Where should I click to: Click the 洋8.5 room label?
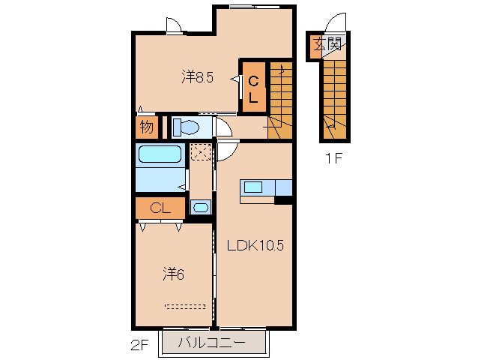[198, 77]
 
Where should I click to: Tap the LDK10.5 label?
[255, 245]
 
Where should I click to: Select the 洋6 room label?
[174, 274]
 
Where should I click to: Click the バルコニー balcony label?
[211, 343]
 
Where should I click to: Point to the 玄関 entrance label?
[327, 44]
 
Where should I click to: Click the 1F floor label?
[334, 158]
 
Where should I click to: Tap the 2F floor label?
[139, 345]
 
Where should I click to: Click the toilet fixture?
[186, 127]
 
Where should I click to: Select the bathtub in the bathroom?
[160, 154]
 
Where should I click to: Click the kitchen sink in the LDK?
[253, 187]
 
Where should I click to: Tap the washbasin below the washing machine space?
[201, 208]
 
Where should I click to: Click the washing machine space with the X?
[200, 152]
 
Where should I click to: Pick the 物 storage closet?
[147, 127]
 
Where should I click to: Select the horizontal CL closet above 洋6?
[160, 208]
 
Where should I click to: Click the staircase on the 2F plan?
[281, 100]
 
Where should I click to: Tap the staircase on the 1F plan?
[335, 100]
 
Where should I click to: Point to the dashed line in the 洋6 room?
[185, 306]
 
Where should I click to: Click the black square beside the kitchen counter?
[283, 200]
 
